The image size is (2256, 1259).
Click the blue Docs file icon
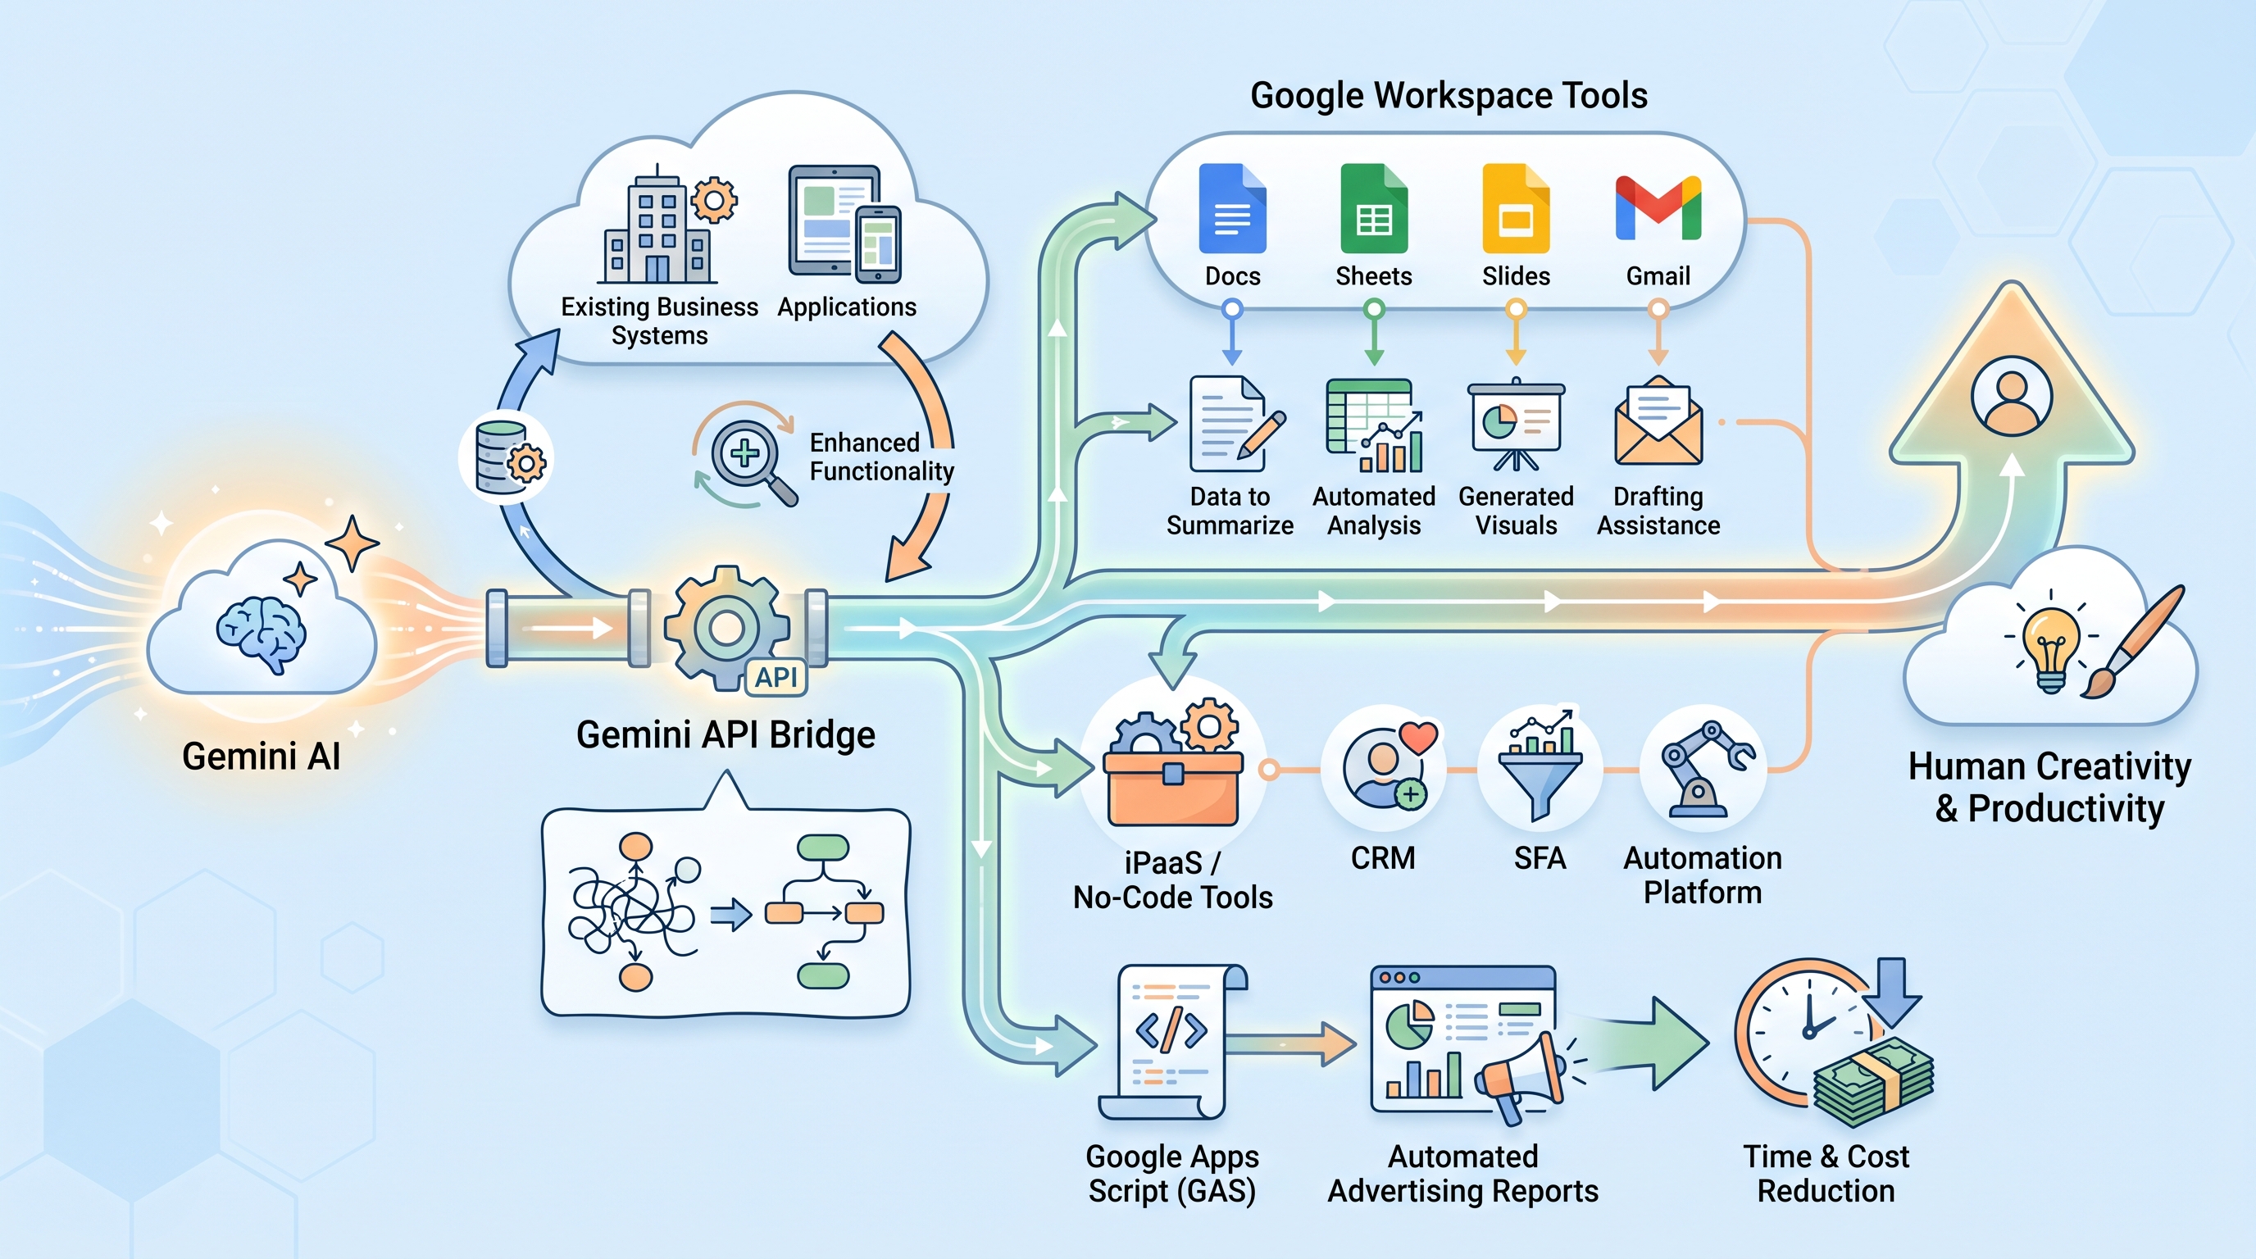point(1232,207)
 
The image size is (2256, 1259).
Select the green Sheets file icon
point(1374,207)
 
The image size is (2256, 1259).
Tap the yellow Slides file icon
point(1516,207)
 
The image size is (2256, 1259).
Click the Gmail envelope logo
point(1658,207)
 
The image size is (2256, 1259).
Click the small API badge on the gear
point(776,677)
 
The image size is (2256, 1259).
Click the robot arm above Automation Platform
point(1704,769)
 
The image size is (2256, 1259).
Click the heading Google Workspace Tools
point(1449,95)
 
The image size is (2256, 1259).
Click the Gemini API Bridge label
point(726,735)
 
